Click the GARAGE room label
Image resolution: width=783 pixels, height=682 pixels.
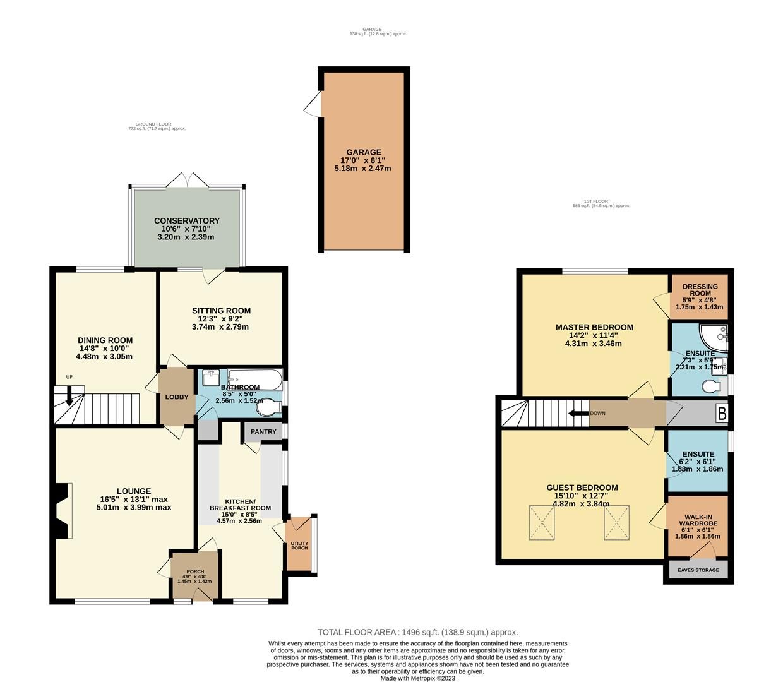click(x=364, y=152)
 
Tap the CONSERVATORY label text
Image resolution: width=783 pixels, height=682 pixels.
click(x=186, y=221)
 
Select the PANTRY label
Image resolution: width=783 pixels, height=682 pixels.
click(x=263, y=432)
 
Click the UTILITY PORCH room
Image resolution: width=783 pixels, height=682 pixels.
click(x=299, y=544)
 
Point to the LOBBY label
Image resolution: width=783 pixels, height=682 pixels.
click(x=177, y=397)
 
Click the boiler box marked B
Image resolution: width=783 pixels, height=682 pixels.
click(x=722, y=414)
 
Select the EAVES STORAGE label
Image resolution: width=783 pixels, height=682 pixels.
click(x=698, y=570)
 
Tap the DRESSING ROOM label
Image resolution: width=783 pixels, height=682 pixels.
click(x=700, y=290)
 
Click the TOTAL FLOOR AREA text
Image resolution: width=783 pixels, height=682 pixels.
click(x=417, y=632)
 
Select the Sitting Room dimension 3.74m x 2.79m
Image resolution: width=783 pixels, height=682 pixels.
click(x=220, y=327)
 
